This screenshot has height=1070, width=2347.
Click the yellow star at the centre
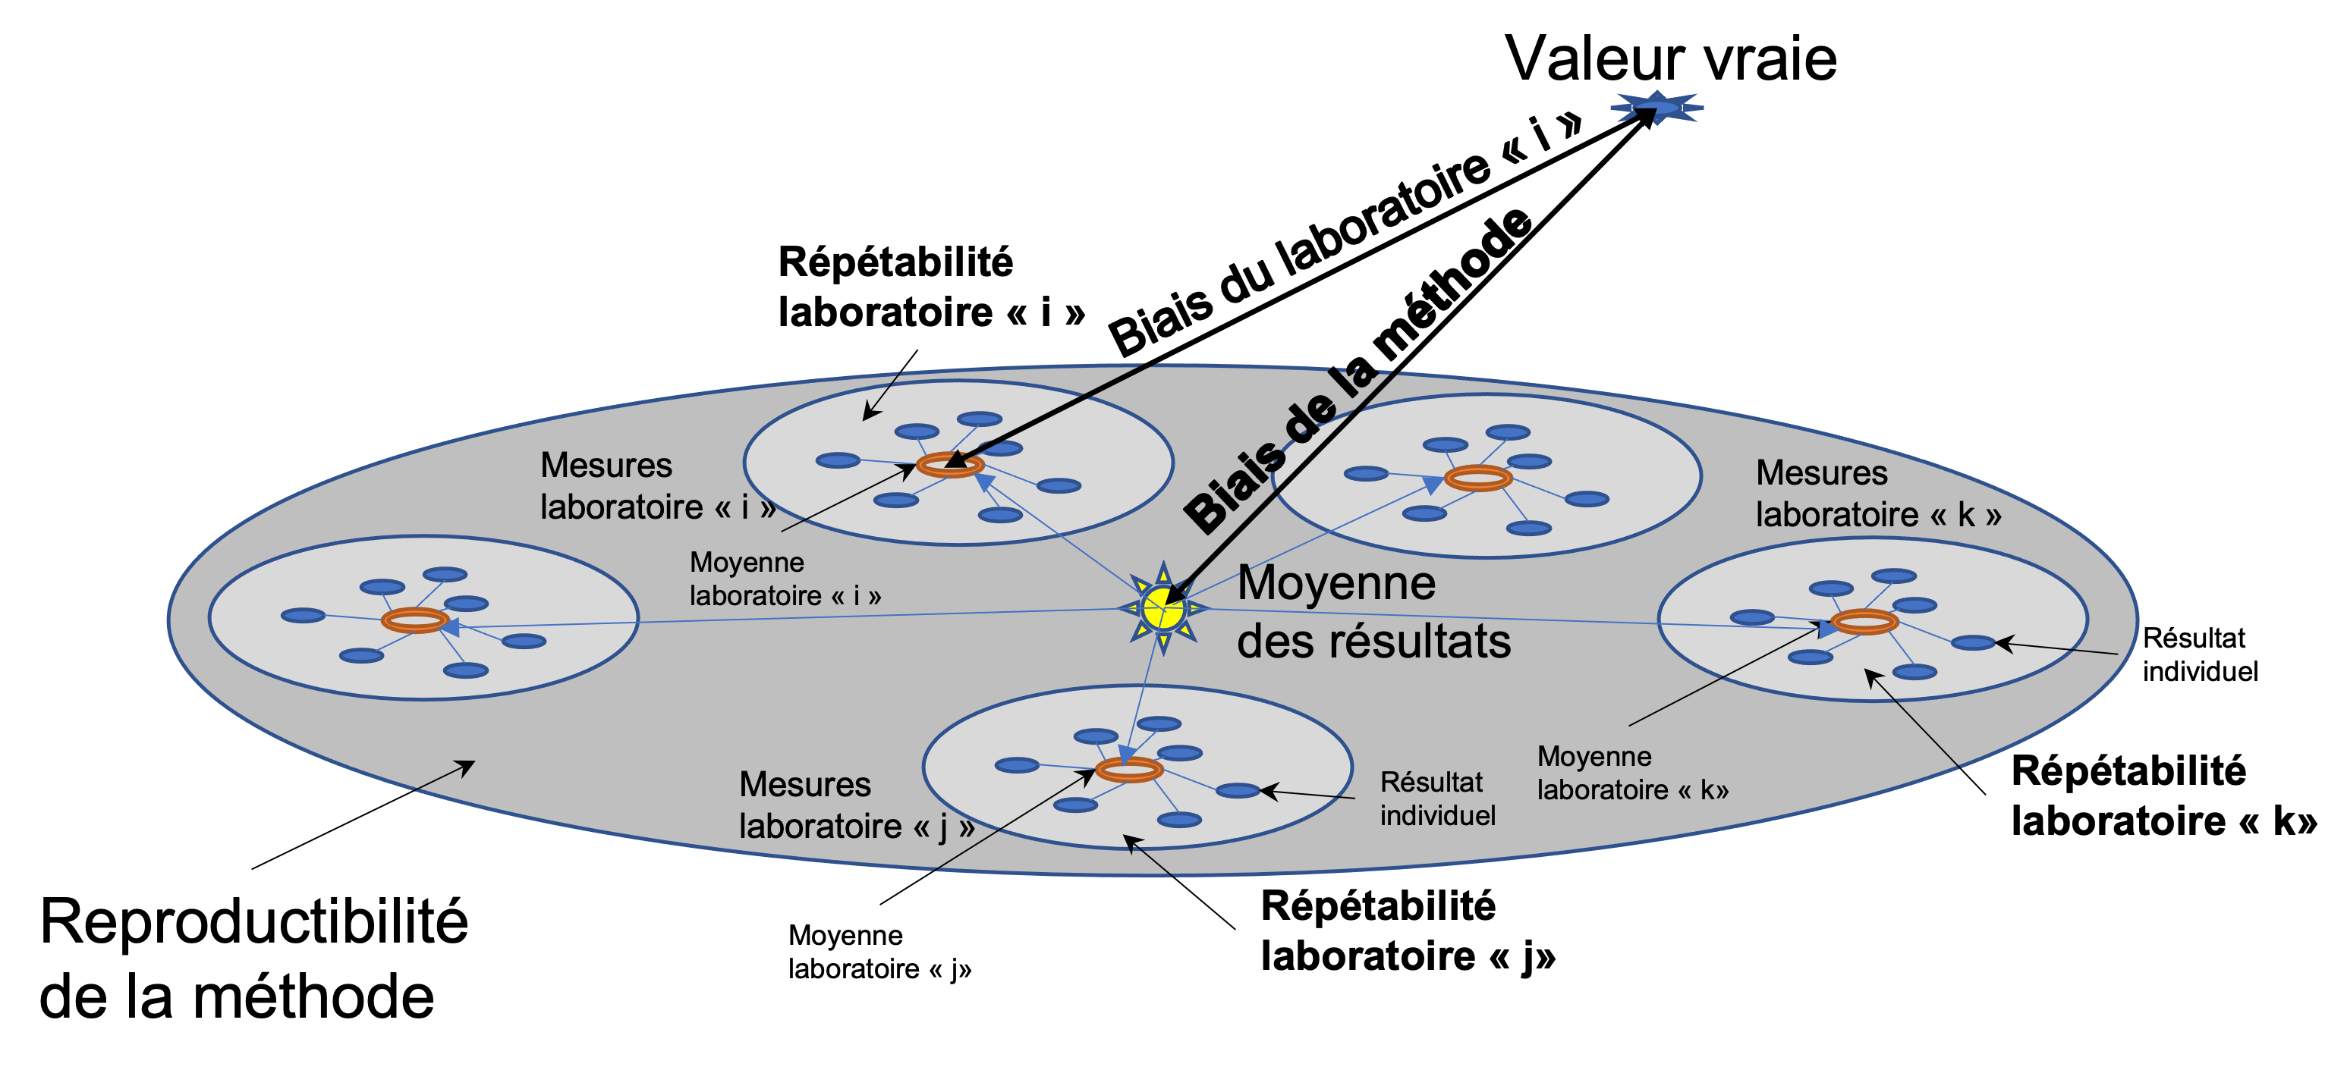[1163, 608]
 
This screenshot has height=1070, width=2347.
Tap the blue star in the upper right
[1657, 108]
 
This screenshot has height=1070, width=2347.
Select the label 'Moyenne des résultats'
[1373, 612]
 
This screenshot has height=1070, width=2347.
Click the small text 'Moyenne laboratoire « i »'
[785, 579]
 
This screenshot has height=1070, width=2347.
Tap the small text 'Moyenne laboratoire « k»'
[1631, 773]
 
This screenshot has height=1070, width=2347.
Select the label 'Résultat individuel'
[1437, 799]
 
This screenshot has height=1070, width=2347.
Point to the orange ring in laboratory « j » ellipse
[1129, 770]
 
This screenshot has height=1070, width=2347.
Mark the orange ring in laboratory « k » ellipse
[1864, 622]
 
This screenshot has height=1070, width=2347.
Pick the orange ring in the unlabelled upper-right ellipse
[1478, 478]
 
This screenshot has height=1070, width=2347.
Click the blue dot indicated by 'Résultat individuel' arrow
[1238, 790]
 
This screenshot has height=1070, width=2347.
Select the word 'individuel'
[1438, 815]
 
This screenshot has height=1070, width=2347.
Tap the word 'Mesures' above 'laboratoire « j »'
[804, 784]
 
